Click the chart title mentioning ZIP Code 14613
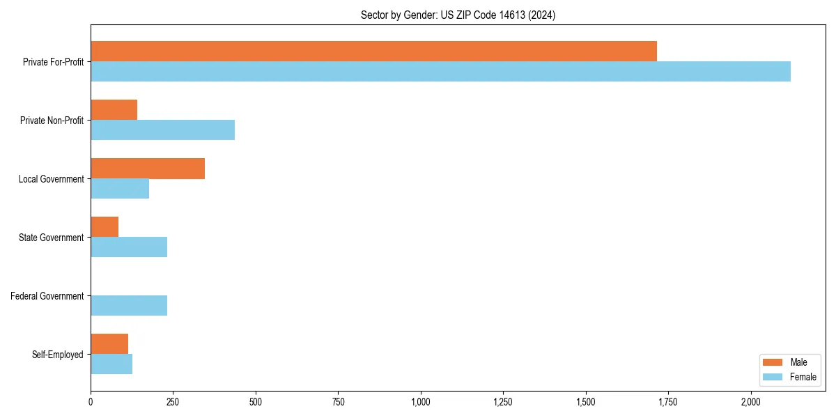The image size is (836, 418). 458,15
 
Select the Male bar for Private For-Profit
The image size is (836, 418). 373,52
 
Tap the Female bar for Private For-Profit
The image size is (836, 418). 440,72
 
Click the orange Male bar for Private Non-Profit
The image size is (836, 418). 114,110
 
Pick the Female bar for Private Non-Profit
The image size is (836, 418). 162,130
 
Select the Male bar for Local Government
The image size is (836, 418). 148,169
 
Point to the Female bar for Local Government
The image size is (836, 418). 120,189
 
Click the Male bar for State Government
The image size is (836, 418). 104,227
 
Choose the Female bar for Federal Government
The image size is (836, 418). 129,306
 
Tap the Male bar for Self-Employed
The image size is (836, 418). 109,344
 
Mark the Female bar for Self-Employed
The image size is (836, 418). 111,364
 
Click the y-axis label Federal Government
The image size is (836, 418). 47,296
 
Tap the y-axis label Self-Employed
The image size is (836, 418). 57,355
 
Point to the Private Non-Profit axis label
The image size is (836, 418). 52,121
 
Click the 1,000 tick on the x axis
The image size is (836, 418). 421,402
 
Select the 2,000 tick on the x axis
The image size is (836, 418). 751,402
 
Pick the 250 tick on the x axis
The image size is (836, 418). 173,402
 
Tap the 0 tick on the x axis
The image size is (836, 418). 91,402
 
